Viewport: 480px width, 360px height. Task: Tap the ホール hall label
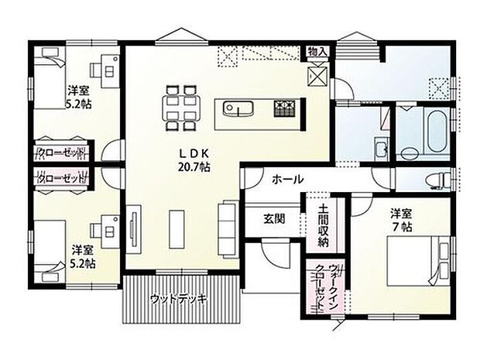tap(287, 180)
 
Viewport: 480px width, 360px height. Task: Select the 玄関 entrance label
tap(273, 218)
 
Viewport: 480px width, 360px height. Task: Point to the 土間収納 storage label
tap(322, 226)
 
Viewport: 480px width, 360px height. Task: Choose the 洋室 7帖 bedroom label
tap(400, 219)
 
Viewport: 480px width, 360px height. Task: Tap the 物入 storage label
tap(318, 51)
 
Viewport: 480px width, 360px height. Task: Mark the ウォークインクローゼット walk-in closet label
tap(318, 288)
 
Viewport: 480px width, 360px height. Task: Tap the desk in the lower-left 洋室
tap(105, 230)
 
